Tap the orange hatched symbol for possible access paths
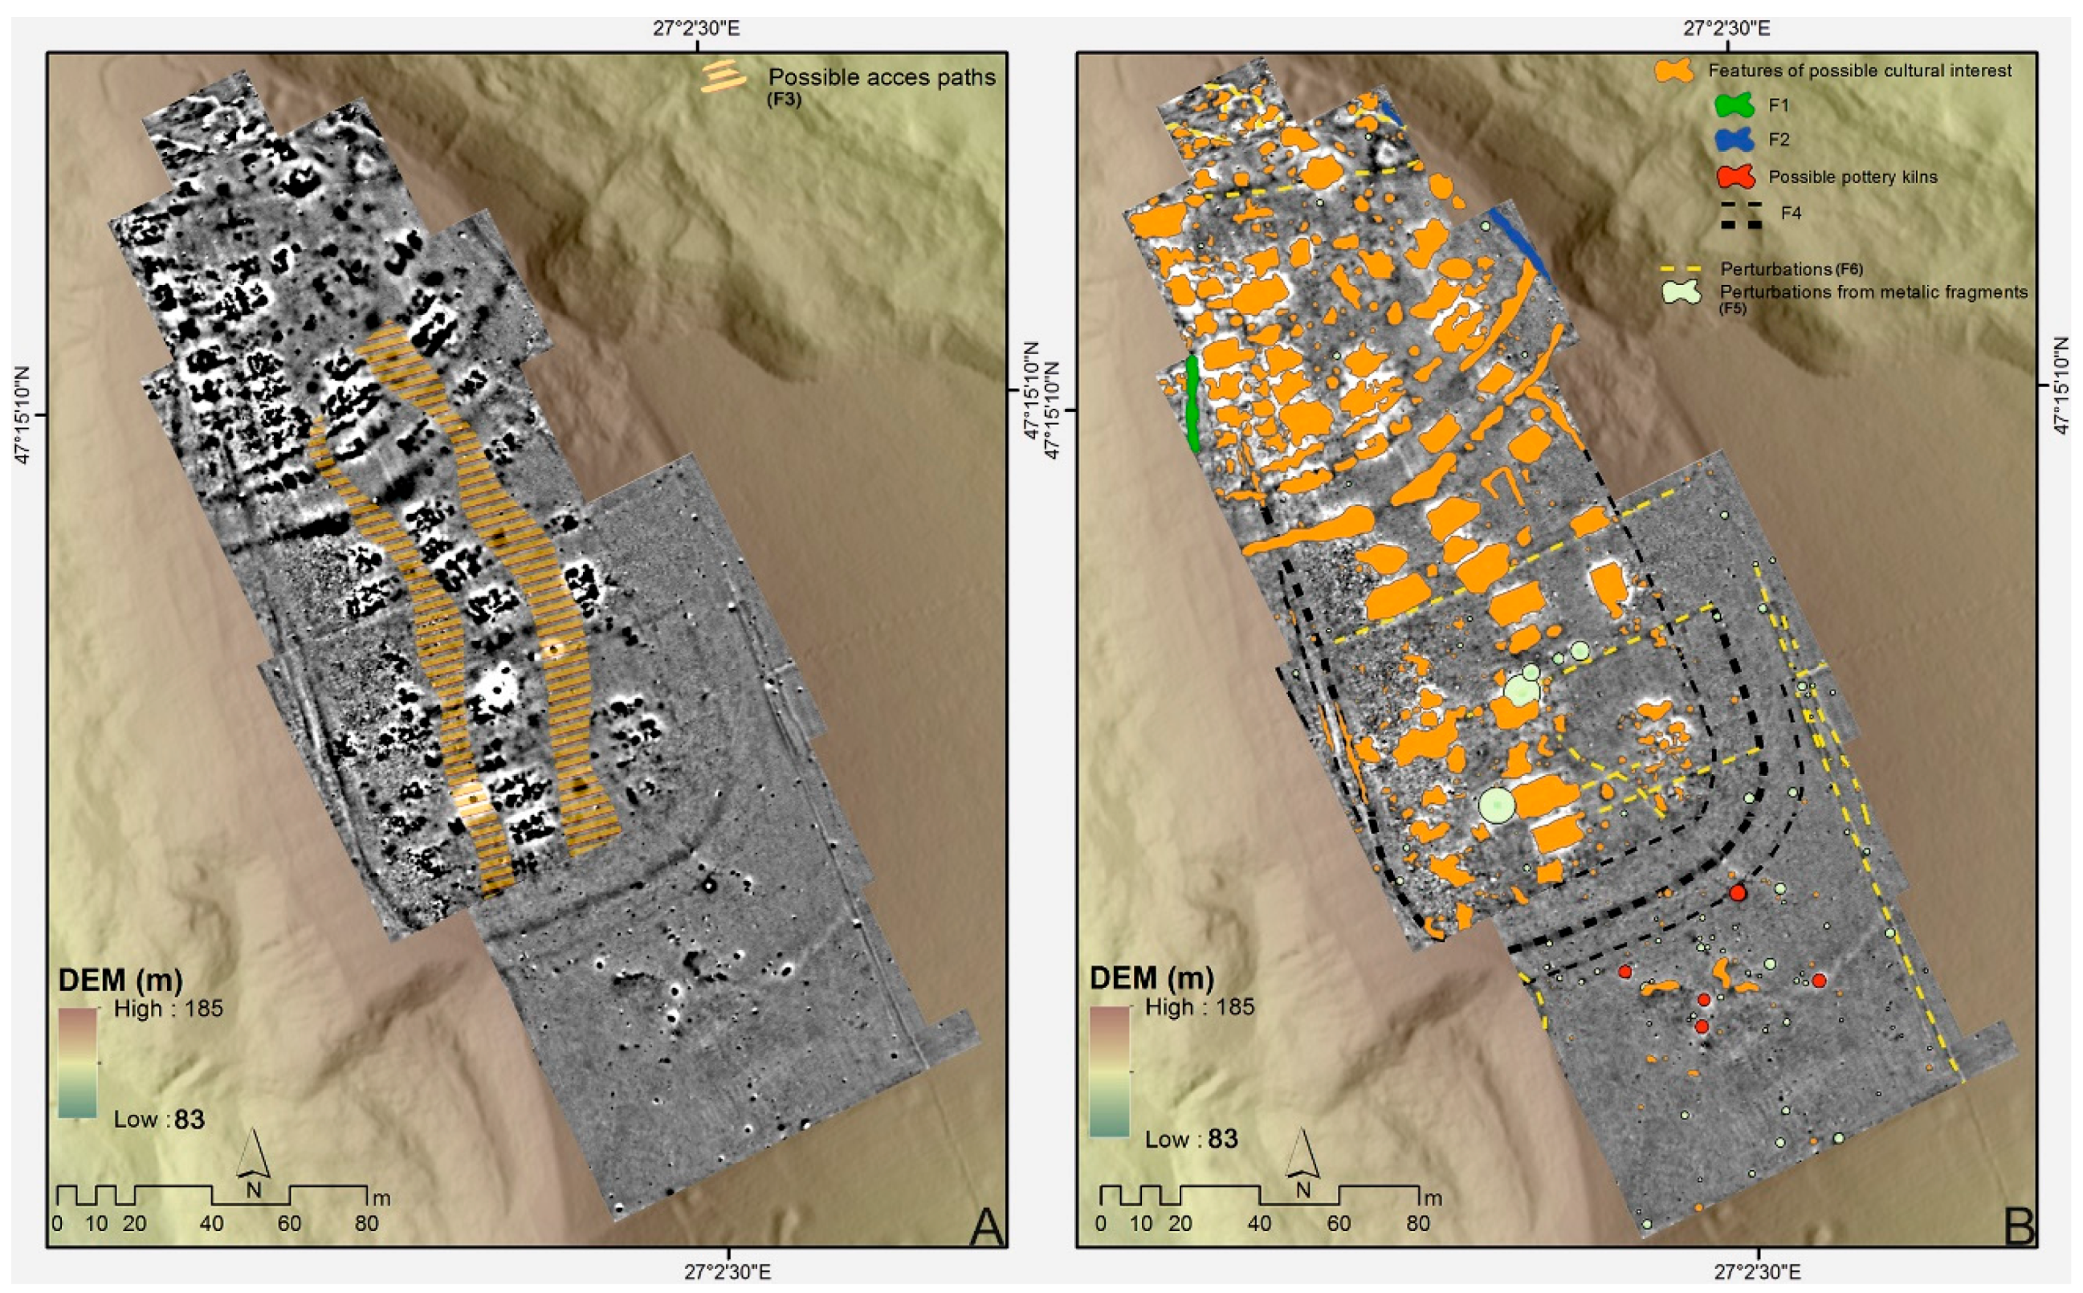pos(723,76)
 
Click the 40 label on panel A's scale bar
pos(211,1224)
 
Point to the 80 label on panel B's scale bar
pos(1418,1224)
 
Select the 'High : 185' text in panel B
pos(1199,1006)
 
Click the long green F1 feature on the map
pos(1192,404)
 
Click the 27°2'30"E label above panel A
pos(697,28)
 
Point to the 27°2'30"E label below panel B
pos(1757,1271)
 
